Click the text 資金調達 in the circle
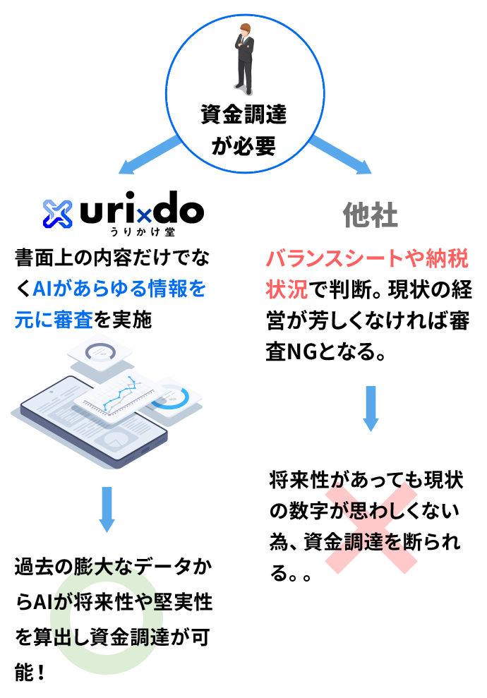243,114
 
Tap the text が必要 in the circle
243,146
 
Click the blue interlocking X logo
58,214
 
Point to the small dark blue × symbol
144,216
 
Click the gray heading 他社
371,215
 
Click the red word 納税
447,258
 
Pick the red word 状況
287,289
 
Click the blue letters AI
42,289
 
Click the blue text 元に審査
54,320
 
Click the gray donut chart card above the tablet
100,352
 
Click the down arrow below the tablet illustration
107,509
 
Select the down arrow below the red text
371,408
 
